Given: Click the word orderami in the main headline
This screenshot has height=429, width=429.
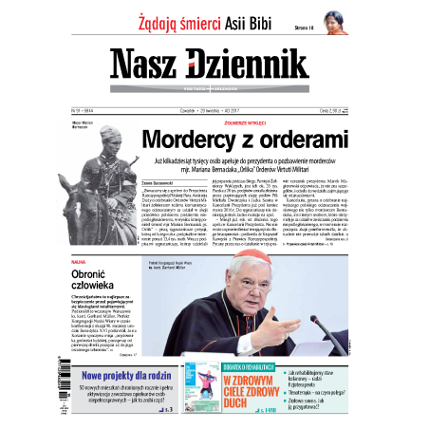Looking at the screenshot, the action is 320,140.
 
